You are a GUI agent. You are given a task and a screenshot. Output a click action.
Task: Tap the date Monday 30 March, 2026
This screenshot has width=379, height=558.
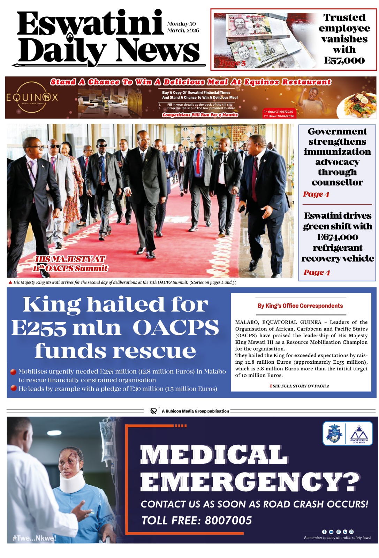pos(183,27)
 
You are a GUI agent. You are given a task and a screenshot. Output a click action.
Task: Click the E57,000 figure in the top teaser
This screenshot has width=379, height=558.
pos(344,61)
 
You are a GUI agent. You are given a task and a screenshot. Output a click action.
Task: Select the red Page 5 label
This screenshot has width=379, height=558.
pos(233,63)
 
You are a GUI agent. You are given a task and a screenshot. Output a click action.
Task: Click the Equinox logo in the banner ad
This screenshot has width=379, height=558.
pos(32,97)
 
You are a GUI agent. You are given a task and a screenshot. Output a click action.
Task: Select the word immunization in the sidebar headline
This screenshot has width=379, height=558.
pos(337,152)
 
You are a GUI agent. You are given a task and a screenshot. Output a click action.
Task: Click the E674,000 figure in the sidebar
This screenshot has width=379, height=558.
pos(338,237)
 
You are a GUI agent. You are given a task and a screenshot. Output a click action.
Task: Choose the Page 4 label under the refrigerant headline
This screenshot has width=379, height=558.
pos(317,272)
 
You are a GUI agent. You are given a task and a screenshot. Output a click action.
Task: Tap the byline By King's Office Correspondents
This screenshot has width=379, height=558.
pos(300,306)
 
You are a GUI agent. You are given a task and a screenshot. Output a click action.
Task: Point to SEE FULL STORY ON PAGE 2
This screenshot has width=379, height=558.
pos(300,386)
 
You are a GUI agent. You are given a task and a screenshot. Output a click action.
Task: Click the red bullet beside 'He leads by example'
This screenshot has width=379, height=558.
pos(14,388)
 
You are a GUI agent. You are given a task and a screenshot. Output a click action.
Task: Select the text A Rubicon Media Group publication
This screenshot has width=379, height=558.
pos(195,411)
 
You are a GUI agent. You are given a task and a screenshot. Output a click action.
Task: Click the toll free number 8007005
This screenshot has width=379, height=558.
pos(228,520)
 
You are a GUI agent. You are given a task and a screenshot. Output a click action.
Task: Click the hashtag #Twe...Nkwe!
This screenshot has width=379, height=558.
pos(34,538)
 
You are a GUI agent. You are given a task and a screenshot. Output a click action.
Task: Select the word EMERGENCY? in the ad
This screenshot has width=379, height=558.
pos(250,482)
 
